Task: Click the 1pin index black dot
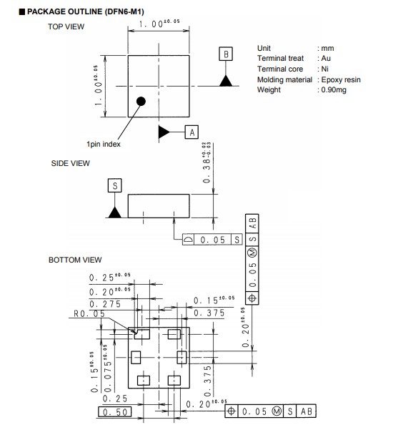point(141,102)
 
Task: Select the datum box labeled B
point(226,54)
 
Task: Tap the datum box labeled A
point(191,132)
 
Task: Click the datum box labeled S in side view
point(115,185)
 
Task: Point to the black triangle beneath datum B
point(226,81)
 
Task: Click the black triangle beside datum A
point(164,132)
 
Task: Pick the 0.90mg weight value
point(334,90)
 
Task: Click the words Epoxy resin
point(341,80)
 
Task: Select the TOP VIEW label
point(66,26)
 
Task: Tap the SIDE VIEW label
point(71,163)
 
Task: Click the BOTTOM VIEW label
point(75,260)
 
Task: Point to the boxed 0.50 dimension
point(115,412)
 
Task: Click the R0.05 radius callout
point(89,313)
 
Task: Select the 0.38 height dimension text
point(207,162)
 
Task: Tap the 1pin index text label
point(104,145)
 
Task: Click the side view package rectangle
point(159,206)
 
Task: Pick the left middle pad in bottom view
point(136,358)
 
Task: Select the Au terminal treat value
point(326,59)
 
